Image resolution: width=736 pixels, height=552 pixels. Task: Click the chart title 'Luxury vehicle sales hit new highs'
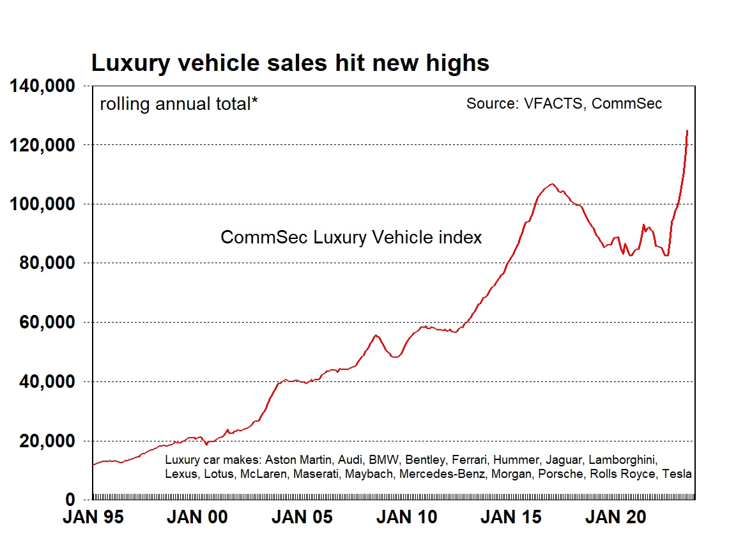[x=290, y=63]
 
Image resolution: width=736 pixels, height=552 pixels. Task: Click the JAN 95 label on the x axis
[x=93, y=517]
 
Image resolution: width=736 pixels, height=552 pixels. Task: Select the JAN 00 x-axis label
[x=197, y=517]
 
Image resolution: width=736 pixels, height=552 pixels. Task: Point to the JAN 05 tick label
[x=302, y=517]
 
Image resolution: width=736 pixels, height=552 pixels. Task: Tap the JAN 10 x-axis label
[x=407, y=517]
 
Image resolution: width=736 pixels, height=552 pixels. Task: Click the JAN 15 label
[x=511, y=517]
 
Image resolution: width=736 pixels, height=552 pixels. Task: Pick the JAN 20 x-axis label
[x=616, y=517]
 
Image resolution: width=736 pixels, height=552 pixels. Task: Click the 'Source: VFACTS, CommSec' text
[x=564, y=103]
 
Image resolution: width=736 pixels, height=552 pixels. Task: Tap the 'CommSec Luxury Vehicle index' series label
[x=351, y=238]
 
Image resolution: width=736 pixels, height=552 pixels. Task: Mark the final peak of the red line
[x=687, y=131]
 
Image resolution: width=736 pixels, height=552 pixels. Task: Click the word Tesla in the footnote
[x=675, y=474]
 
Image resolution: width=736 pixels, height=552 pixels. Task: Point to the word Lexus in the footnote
[x=181, y=474]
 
